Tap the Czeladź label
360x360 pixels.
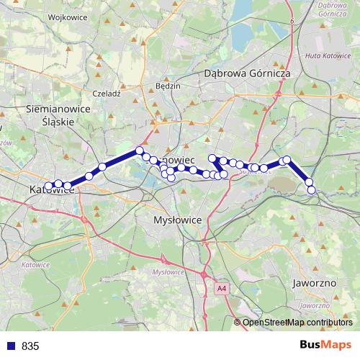tap(106, 93)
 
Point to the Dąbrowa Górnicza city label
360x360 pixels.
tap(246, 73)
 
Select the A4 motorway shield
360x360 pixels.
tap(220, 289)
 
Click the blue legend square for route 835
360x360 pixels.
tap(10, 346)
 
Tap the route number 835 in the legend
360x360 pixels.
tap(30, 346)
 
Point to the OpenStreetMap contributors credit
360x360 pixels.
tap(297, 323)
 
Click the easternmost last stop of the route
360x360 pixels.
tap(311, 189)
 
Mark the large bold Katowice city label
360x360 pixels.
tap(52, 190)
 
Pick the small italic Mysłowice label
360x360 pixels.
tap(168, 271)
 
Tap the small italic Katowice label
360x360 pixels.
tap(35, 265)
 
